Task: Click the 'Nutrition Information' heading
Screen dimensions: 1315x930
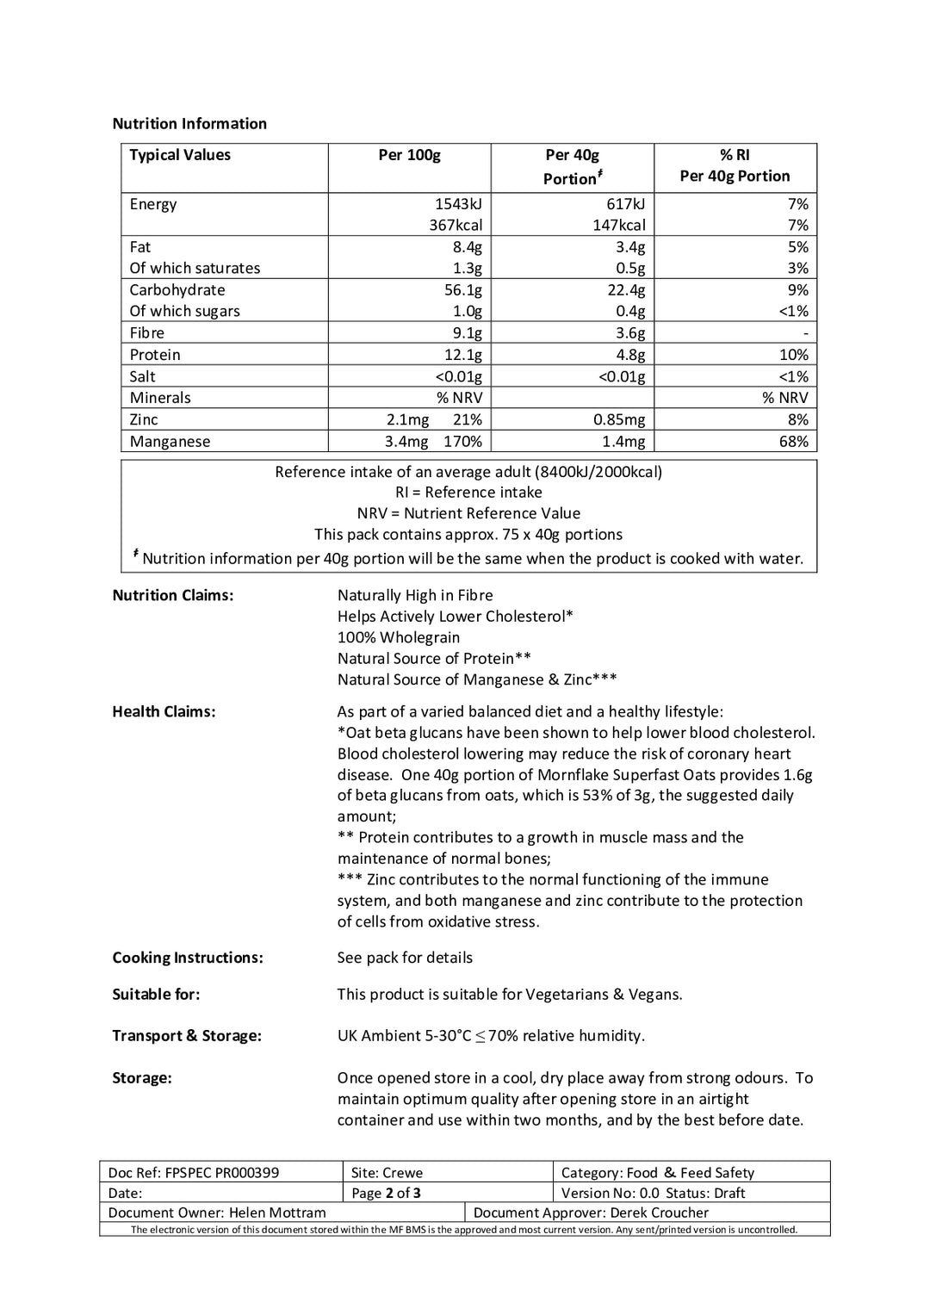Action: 189,123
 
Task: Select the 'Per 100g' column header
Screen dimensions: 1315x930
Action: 409,155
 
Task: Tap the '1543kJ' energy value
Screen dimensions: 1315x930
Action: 458,204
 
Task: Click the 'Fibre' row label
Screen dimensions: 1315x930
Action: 146,332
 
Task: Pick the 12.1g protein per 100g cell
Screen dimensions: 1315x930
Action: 462,355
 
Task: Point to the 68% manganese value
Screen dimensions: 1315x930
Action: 793,441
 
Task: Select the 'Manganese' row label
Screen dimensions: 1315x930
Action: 170,441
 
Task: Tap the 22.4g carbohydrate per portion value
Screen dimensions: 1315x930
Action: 625,290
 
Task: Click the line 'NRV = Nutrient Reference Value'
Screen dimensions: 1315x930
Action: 468,513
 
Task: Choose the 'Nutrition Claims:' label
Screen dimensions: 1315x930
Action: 172,595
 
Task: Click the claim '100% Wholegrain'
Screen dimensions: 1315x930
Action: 398,637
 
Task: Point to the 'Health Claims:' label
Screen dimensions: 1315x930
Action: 164,711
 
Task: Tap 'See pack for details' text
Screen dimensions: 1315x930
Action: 405,958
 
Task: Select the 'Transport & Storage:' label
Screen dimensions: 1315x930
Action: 187,1035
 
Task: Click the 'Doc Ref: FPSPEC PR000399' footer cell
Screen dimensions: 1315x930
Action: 194,1172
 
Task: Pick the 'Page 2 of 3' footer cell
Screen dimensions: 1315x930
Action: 386,1193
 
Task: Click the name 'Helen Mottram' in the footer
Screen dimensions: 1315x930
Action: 277,1213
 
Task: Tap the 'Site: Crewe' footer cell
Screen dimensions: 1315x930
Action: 387,1172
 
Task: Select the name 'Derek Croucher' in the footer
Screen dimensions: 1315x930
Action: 659,1213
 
